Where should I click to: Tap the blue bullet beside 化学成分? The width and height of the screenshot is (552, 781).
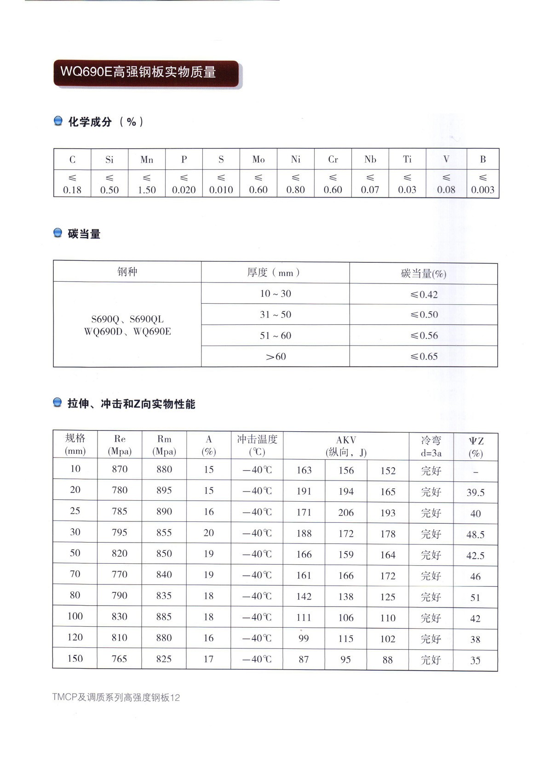click(x=58, y=121)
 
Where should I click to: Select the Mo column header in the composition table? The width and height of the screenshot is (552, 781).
click(x=259, y=159)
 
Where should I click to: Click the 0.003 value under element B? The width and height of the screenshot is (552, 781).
click(x=483, y=190)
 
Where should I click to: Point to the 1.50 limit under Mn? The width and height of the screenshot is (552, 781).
click(x=147, y=190)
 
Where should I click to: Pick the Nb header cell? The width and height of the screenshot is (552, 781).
click(x=370, y=159)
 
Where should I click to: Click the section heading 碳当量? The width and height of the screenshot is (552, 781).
click(x=84, y=234)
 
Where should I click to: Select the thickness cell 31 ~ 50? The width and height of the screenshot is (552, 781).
click(x=276, y=314)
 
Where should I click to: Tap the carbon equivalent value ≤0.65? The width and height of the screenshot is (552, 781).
click(x=424, y=356)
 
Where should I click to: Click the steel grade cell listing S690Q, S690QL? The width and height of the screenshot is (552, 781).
click(x=127, y=325)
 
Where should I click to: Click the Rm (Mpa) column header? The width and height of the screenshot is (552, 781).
click(x=164, y=445)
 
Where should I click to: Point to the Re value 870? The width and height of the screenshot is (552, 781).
click(x=120, y=469)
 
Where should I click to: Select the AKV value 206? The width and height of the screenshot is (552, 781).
click(x=346, y=512)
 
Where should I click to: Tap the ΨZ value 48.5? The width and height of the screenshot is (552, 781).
click(x=475, y=534)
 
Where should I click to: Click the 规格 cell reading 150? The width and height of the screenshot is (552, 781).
click(x=75, y=658)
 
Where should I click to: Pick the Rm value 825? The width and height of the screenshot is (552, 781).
click(x=164, y=659)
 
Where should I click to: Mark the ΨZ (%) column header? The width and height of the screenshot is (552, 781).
click(x=476, y=446)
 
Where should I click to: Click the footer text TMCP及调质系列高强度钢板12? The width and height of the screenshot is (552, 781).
click(x=116, y=697)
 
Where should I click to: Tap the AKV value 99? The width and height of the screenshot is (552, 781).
click(x=304, y=638)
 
